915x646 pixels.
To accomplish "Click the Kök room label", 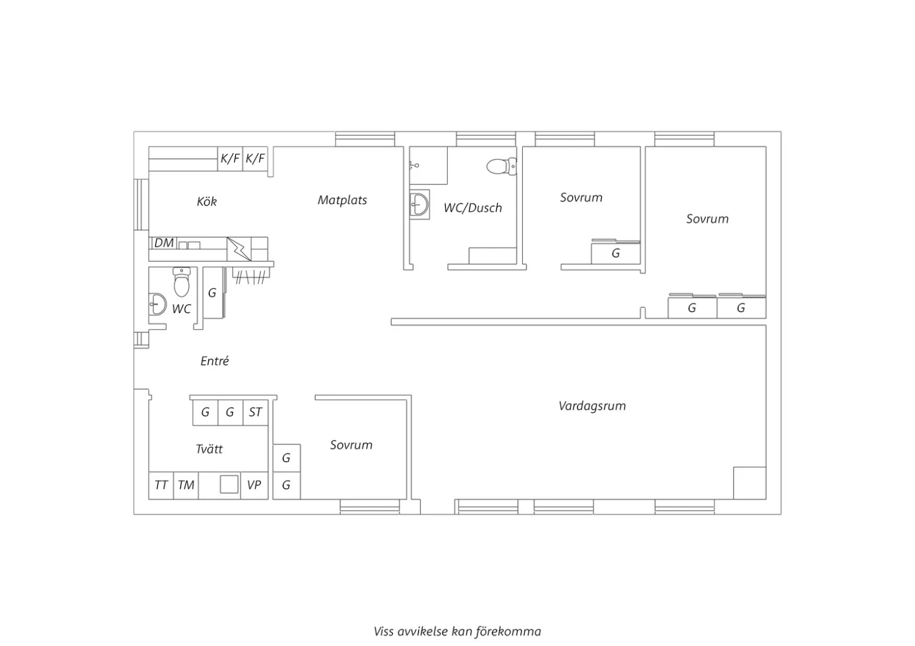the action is [207, 201].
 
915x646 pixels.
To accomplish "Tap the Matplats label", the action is [342, 200].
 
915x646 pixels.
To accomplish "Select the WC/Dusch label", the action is [473, 208].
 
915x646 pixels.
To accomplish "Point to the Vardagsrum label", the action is [592, 406].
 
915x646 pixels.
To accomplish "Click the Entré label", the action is [215, 361].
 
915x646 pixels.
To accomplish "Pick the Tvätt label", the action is [209, 449].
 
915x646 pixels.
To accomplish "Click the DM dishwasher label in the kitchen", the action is [164, 243].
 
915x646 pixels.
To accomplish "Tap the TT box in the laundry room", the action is [161, 485].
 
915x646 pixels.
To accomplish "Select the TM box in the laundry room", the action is [186, 485].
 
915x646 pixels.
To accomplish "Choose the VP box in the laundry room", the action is [254, 485].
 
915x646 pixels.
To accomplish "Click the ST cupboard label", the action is [256, 412].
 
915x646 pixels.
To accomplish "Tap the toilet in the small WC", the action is [182, 282].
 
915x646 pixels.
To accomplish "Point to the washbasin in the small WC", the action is [157, 304].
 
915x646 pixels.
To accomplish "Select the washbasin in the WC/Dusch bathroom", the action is [420, 204].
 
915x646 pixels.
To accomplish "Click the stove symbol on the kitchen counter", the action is [239, 249].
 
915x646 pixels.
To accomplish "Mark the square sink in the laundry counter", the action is [229, 484].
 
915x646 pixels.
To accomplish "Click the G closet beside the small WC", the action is [213, 293].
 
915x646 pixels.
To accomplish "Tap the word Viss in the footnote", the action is [384, 632].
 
